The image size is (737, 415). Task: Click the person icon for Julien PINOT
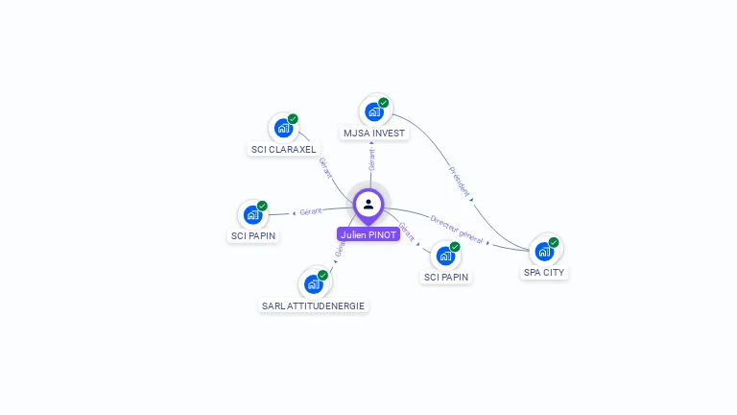(368, 205)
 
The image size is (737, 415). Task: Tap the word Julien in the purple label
(354, 234)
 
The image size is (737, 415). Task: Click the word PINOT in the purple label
(382, 234)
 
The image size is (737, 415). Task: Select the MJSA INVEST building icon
(374, 111)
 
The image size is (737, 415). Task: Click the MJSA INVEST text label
(374, 134)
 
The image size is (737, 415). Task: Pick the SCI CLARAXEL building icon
(283, 128)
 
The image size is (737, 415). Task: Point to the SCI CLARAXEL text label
(283, 150)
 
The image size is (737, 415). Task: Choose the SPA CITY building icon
(544, 251)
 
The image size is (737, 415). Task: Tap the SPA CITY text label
(544, 273)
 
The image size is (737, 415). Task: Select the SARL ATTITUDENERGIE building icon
(313, 283)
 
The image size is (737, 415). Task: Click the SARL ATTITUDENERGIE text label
(314, 306)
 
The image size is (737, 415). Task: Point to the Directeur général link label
(456, 228)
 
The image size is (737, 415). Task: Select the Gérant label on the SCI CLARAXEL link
(325, 168)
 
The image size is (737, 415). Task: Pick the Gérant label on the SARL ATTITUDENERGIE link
(339, 249)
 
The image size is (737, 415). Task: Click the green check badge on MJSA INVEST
(383, 103)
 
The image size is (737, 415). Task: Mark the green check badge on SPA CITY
(554, 242)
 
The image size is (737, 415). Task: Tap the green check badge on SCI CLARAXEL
(293, 119)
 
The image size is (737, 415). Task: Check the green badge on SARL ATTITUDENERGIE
(322, 275)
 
